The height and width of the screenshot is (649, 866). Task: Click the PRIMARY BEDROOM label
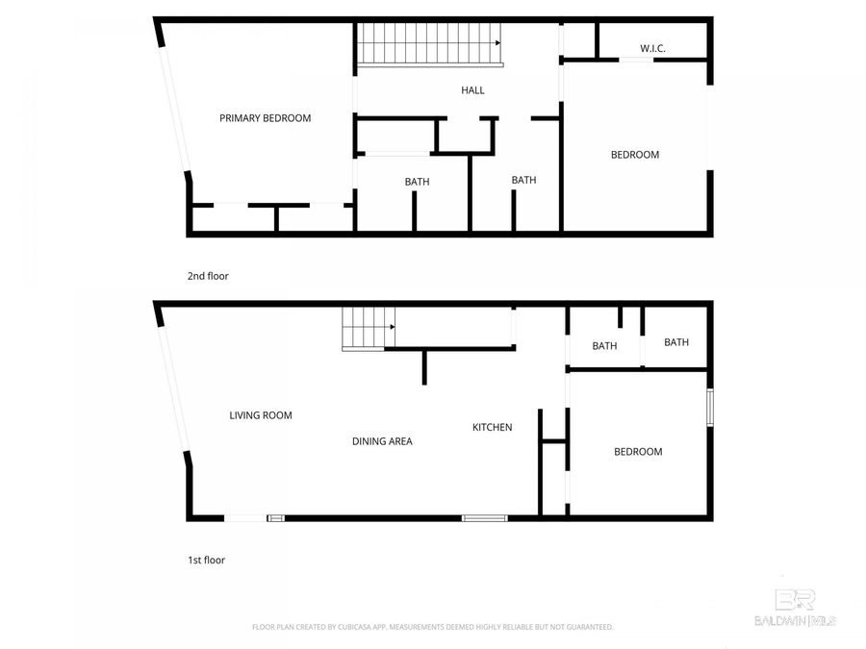266,118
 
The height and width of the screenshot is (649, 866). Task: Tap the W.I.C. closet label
653,48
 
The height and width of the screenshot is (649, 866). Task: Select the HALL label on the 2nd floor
472,90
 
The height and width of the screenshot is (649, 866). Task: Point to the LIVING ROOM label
260,415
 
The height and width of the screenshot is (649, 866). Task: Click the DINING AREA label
382,441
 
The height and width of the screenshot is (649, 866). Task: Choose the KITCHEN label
492,427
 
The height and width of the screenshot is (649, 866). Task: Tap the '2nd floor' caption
208,276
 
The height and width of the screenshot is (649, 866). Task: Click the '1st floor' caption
206,560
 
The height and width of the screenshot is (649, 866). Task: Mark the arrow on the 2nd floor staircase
497,42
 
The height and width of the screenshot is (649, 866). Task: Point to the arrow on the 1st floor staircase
391,327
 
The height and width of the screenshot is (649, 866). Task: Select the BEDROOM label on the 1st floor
638,452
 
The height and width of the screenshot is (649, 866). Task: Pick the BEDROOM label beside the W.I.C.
635,155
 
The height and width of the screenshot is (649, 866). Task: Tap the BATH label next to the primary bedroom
417,182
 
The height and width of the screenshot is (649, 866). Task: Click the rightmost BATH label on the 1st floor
676,342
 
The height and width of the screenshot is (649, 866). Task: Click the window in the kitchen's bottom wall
484,518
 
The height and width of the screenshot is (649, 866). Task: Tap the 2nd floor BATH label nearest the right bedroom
523,180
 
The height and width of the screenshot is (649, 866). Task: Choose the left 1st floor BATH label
604,346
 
